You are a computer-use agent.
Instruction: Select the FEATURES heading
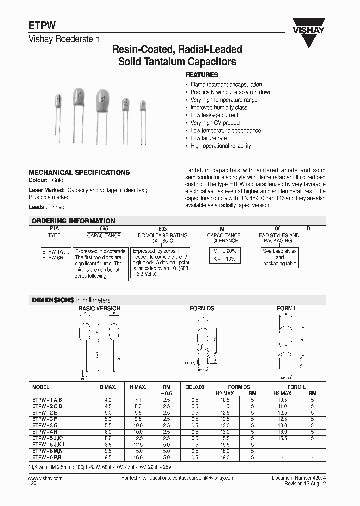tap(202, 75)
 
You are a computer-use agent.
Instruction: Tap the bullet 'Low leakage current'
tap(214, 115)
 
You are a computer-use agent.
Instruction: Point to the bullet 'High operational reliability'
tap(220, 146)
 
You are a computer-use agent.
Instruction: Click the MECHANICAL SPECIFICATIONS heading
tap(79, 172)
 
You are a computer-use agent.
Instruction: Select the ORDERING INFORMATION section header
tap(73, 221)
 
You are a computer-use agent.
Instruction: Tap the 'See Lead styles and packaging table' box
tap(280, 257)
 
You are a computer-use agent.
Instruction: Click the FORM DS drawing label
tap(202, 309)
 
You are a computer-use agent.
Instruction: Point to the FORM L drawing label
tap(287, 309)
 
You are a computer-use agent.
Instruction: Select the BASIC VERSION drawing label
tap(99, 309)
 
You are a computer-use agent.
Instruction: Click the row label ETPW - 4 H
tap(45, 431)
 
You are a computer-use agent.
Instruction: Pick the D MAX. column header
tap(108, 387)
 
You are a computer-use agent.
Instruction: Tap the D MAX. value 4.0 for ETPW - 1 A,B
tap(108, 400)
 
